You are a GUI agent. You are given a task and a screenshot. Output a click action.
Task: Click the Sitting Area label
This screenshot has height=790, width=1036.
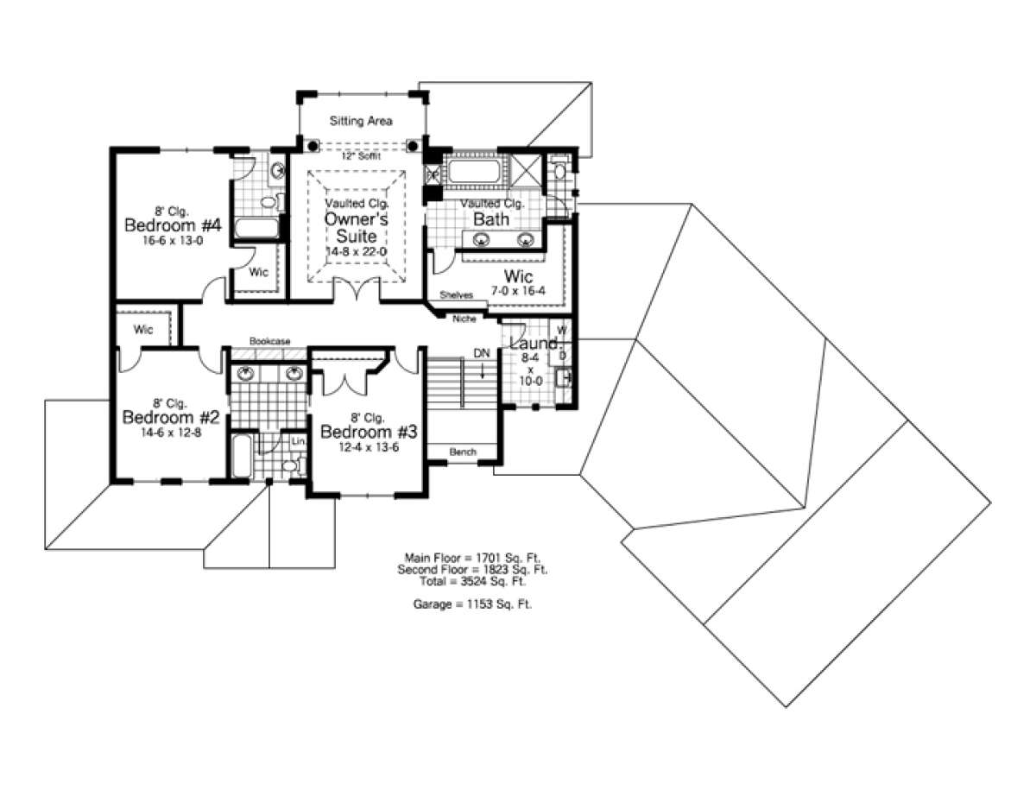tap(361, 121)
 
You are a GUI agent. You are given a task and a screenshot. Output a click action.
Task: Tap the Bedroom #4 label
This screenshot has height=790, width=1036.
tap(173, 224)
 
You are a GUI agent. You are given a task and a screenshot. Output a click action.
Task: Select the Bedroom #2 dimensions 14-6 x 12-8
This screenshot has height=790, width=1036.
tap(171, 433)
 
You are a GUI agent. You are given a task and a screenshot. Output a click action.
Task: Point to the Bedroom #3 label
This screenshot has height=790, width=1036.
tap(369, 432)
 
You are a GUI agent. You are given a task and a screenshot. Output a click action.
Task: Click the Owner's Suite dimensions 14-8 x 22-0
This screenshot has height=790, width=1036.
tap(357, 251)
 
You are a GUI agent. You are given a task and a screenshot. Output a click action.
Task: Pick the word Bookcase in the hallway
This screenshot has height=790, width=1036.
tap(269, 341)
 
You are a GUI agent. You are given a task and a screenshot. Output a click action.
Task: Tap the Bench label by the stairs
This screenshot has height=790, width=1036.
tap(463, 452)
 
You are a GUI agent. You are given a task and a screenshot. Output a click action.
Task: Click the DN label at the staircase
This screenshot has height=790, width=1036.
tap(482, 352)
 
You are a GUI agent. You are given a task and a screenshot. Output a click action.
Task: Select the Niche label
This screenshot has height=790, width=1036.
tap(464, 319)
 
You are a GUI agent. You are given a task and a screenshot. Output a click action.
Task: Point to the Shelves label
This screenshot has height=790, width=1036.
tap(456, 295)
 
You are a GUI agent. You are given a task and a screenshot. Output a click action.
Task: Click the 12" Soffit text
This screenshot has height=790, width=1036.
tap(361, 155)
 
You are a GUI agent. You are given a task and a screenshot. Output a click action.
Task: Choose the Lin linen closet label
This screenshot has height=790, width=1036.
tap(298, 441)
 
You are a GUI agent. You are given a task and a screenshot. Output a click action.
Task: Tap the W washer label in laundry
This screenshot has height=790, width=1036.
tap(562, 331)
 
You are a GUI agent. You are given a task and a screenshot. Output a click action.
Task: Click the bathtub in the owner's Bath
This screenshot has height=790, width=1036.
tap(473, 171)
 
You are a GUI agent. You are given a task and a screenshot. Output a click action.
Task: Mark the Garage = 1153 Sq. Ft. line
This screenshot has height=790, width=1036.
tap(472, 604)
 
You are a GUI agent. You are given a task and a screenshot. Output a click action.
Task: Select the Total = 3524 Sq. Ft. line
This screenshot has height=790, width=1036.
tap(472, 581)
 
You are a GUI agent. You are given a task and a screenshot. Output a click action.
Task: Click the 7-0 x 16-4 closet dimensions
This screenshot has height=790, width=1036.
tap(518, 291)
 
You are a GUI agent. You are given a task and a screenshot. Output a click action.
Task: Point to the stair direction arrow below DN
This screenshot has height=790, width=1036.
tap(482, 370)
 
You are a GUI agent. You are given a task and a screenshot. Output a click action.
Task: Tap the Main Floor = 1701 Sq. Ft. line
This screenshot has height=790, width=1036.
tap(472, 558)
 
